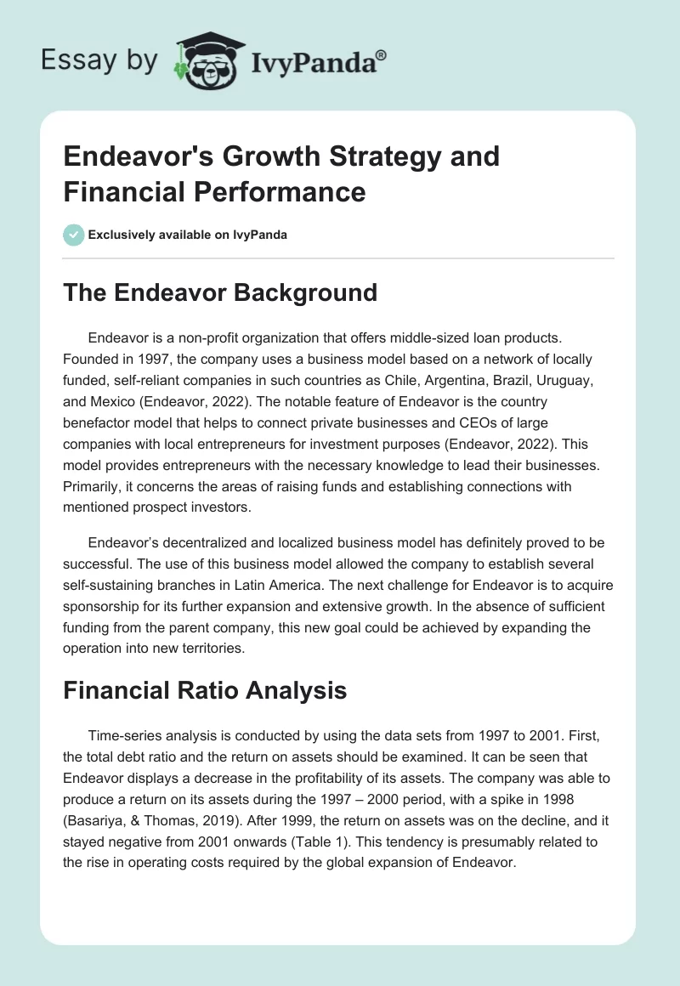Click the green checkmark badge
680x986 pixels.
(x=73, y=235)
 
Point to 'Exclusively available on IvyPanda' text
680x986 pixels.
(x=187, y=235)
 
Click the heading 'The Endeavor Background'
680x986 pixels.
(x=220, y=292)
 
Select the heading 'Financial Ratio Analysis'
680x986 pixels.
(x=205, y=690)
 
